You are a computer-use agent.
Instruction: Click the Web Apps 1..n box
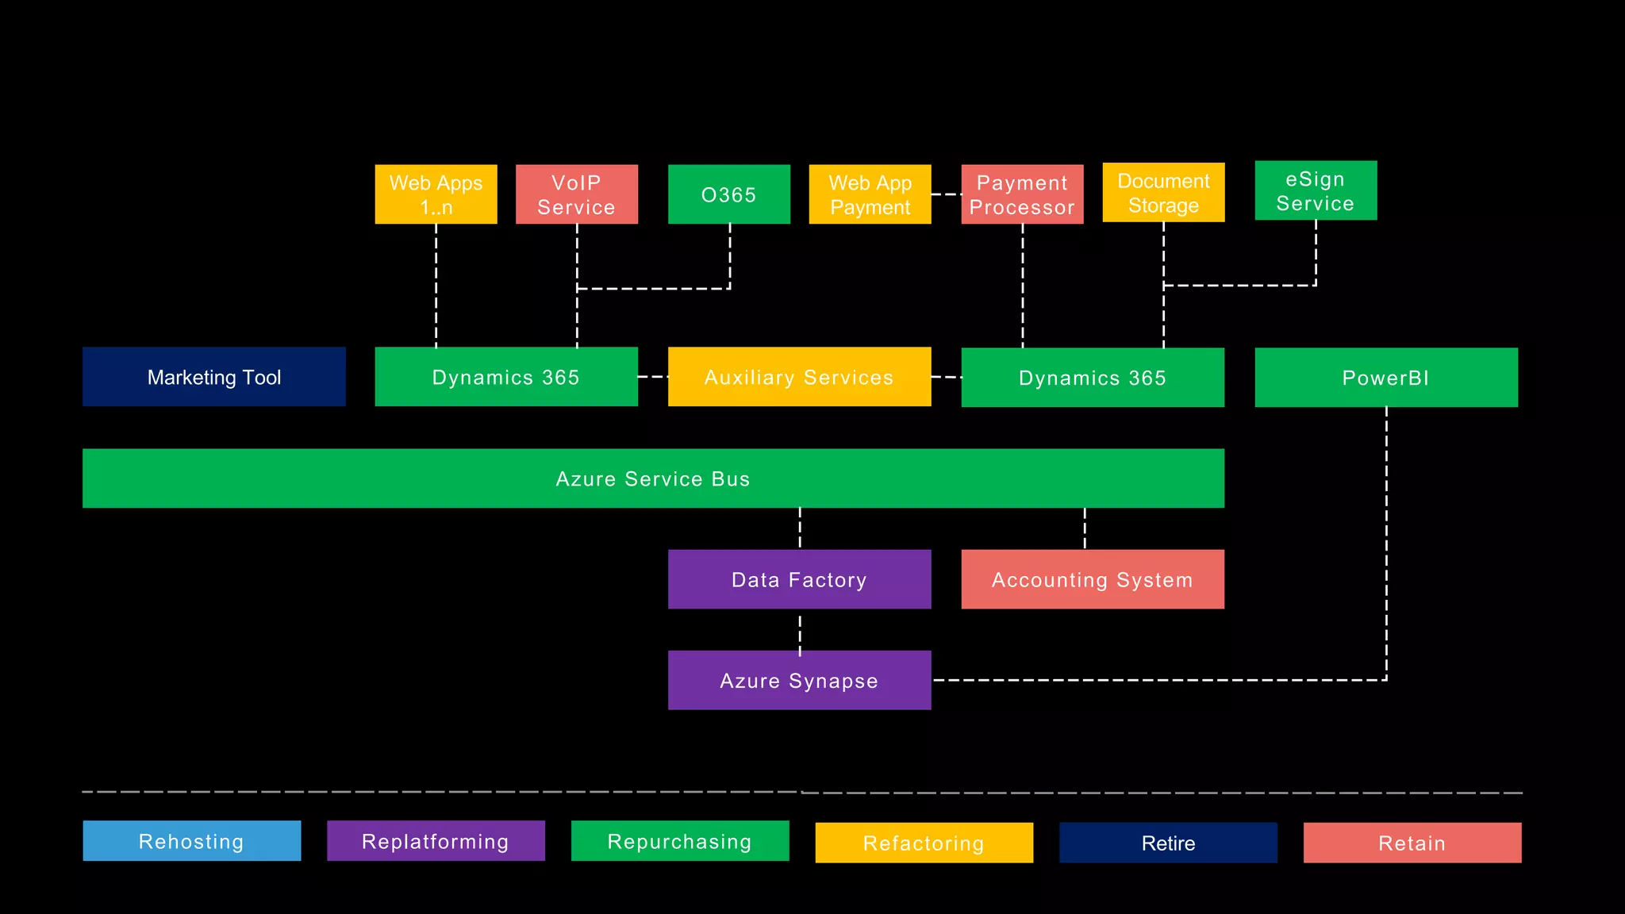436,194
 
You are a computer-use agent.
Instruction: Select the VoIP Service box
576,194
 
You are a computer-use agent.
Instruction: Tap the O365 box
728,194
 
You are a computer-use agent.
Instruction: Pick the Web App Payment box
870,194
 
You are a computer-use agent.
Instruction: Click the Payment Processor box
1022,194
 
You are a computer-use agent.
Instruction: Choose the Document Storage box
1163,192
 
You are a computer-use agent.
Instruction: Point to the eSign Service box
1316,190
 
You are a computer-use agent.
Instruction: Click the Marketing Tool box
214,377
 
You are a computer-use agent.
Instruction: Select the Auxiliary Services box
799,377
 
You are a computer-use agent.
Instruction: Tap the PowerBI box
1385,378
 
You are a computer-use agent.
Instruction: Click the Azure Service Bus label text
652,479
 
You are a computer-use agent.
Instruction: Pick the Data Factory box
799,579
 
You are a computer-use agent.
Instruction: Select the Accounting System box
1092,579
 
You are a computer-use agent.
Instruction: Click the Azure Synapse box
799,680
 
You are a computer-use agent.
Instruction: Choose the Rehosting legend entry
191,841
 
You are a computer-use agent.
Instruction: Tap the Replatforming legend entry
436,841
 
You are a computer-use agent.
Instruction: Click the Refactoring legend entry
924,843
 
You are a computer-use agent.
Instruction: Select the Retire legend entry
1168,843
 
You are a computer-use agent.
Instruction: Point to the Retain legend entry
1412,843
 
